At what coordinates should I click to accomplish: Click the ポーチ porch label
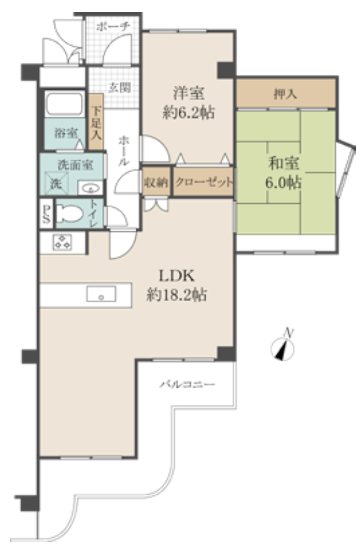click(x=113, y=26)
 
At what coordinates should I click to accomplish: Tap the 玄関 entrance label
click(x=120, y=88)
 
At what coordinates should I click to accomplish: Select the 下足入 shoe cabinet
click(x=96, y=122)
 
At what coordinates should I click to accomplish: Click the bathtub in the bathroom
click(x=65, y=104)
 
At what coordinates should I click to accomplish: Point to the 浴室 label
click(x=66, y=133)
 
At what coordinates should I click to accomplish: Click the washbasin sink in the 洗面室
click(x=90, y=188)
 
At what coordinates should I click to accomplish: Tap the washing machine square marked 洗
click(x=56, y=183)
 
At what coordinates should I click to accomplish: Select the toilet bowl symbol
click(x=70, y=213)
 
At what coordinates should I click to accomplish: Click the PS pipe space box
click(x=46, y=214)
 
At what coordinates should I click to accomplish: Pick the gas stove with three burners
click(x=63, y=242)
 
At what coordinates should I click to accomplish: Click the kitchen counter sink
click(x=101, y=295)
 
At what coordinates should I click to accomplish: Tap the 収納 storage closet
click(x=156, y=182)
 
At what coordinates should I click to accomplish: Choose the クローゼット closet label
click(x=204, y=182)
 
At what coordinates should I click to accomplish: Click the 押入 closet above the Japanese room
click(x=285, y=94)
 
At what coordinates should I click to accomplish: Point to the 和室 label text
click(x=284, y=164)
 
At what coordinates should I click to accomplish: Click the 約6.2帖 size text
click(x=188, y=113)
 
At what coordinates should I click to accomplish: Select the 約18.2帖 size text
click(x=176, y=295)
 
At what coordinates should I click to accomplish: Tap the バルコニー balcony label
click(x=188, y=384)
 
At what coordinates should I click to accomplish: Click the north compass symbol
click(x=282, y=347)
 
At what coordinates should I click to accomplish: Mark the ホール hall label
click(x=124, y=151)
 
